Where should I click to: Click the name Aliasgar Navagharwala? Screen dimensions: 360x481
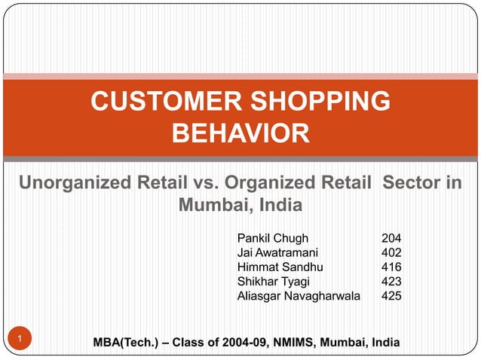point(299,297)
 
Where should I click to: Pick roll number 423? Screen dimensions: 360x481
point(391,282)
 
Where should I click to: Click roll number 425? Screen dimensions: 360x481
point(391,297)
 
